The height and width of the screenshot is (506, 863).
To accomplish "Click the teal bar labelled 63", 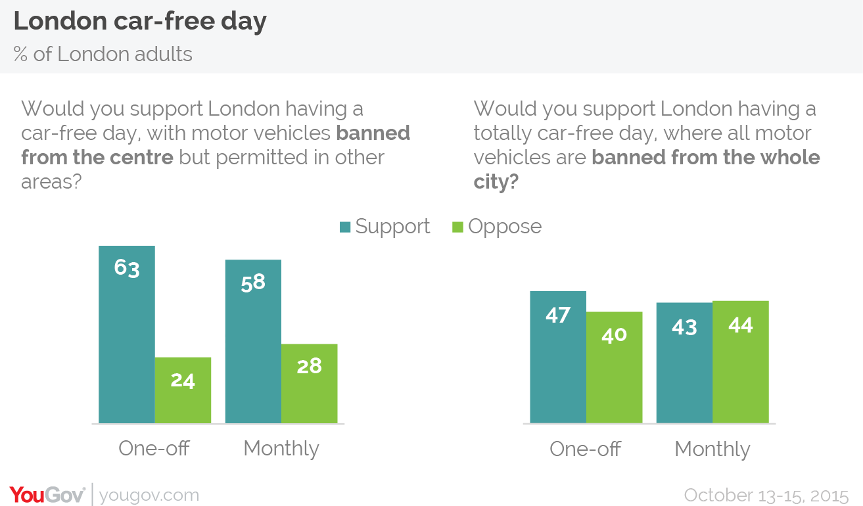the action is tap(127, 334).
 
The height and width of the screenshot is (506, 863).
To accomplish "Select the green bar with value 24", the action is tap(183, 390).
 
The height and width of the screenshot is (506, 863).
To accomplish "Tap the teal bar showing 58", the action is tap(253, 341).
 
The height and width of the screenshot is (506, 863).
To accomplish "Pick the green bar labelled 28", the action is tap(310, 384).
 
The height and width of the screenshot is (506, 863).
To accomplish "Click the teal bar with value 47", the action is tap(558, 357).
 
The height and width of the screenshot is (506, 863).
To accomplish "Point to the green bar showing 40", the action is tap(614, 367).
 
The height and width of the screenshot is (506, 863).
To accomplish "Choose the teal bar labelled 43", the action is tap(684, 363).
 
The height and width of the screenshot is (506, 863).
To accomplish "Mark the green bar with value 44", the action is tap(741, 362).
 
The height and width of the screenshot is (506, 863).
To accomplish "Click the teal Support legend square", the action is tap(345, 227).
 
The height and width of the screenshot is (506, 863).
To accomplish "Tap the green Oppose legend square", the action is tap(457, 227).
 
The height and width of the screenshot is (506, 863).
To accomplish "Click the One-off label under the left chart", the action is tap(154, 448).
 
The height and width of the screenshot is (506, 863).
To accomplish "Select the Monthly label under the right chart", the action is tap(712, 449).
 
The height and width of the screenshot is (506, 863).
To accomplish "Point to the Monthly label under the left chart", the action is tap(281, 449).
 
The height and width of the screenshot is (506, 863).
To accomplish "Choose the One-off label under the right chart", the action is tap(585, 449).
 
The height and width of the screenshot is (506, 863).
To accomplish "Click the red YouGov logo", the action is tap(47, 495).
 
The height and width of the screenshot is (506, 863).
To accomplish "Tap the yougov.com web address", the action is tap(149, 495).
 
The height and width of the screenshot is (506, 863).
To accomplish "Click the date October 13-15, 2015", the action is tap(766, 495).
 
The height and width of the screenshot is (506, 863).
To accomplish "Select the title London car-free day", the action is tap(140, 21).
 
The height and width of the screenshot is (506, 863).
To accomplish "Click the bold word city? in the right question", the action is tap(496, 181).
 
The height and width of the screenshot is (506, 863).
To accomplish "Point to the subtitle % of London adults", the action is tap(103, 54).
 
